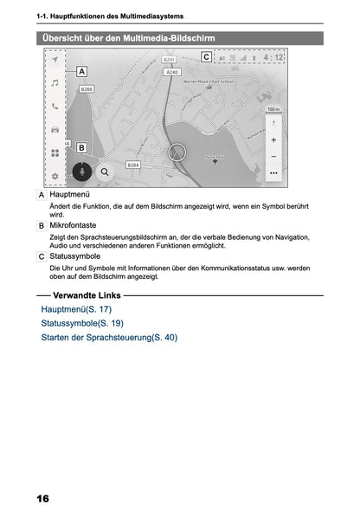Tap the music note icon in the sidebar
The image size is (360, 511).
coord(55,83)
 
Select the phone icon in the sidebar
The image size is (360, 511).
coord(55,107)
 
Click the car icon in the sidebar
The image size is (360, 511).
coord(55,129)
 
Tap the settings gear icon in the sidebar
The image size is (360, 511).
coord(55,176)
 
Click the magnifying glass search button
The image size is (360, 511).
coord(105,171)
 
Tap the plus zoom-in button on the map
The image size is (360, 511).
coord(273,139)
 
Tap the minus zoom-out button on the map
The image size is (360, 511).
coord(273,156)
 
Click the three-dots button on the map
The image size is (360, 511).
coord(273,173)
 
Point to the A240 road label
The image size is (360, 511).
coord(171,73)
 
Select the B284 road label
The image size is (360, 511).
coord(133,165)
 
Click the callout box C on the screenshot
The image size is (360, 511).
coord(205,57)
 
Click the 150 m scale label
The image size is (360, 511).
coord(273,110)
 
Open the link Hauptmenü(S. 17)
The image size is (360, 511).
coord(76,308)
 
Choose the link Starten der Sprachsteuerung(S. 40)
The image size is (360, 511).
coord(109,337)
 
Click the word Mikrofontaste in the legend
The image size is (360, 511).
coord(73,225)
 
